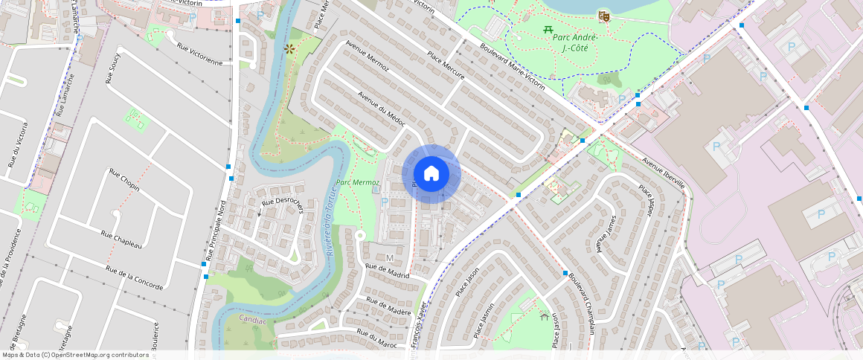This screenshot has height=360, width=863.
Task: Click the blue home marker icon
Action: (x=431, y=174)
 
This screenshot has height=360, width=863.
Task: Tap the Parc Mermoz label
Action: (x=358, y=182)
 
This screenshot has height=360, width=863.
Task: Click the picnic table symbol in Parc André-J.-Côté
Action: (x=548, y=29)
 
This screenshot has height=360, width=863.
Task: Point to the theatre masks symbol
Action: (x=604, y=15)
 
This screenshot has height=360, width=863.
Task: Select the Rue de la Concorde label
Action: (x=135, y=277)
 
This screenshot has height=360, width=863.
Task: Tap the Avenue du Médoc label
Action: (x=381, y=109)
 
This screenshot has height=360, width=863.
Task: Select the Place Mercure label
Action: (x=446, y=66)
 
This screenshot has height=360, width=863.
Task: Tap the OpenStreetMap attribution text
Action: (x=76, y=355)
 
